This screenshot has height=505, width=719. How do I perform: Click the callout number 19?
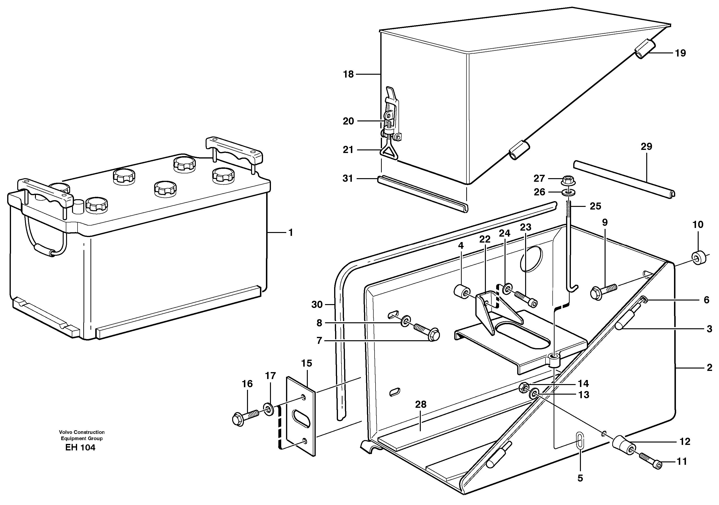coord(680,53)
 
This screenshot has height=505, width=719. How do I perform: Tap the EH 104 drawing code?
coord(80,447)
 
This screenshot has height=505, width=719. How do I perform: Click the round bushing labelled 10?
coord(698,257)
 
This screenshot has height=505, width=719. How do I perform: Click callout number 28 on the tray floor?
coord(421,404)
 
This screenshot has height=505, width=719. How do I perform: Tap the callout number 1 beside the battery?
coord(291,233)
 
